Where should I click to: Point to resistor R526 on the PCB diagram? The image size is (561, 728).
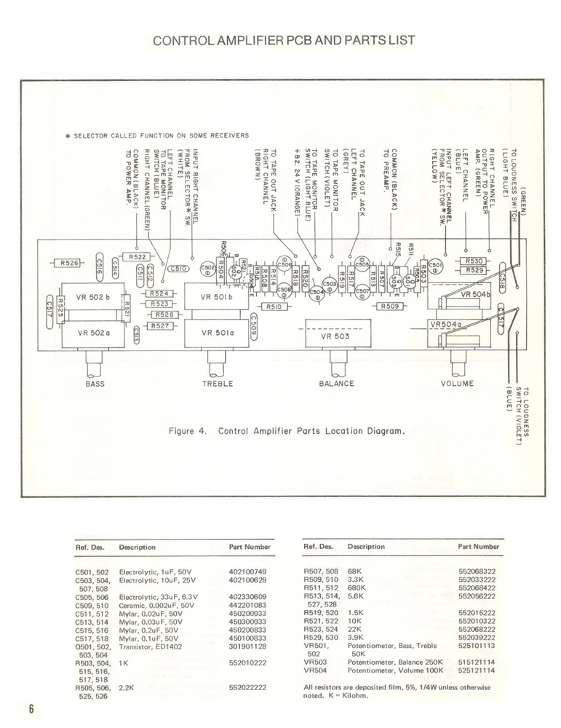[x=70, y=263]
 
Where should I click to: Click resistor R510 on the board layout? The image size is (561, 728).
[x=274, y=307]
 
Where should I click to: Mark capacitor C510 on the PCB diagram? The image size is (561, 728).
[x=179, y=269]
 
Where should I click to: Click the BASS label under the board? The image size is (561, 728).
[x=96, y=384]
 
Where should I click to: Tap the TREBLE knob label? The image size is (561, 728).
[x=217, y=384]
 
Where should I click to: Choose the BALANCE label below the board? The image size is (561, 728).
[x=336, y=384]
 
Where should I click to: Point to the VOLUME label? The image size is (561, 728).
[x=457, y=384]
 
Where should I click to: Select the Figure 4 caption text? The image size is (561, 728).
[x=285, y=431]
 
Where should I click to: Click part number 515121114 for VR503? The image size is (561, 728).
[x=477, y=662]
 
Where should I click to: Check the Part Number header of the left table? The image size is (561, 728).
[x=249, y=546]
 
